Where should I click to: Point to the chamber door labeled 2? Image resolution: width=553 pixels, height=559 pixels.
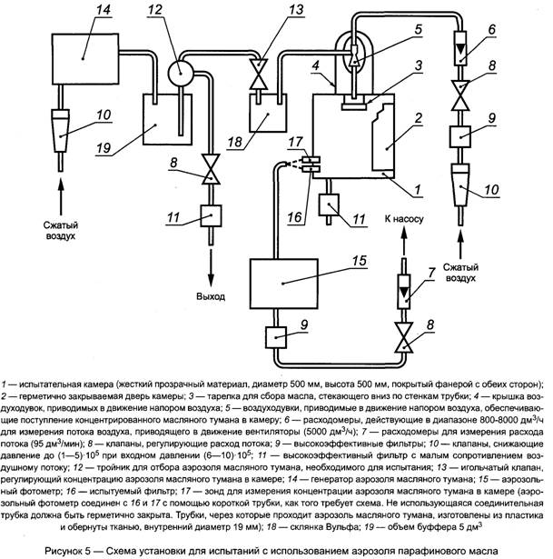pos(386,137)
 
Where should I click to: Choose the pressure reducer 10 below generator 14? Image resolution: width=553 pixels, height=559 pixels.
pos(61,133)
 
